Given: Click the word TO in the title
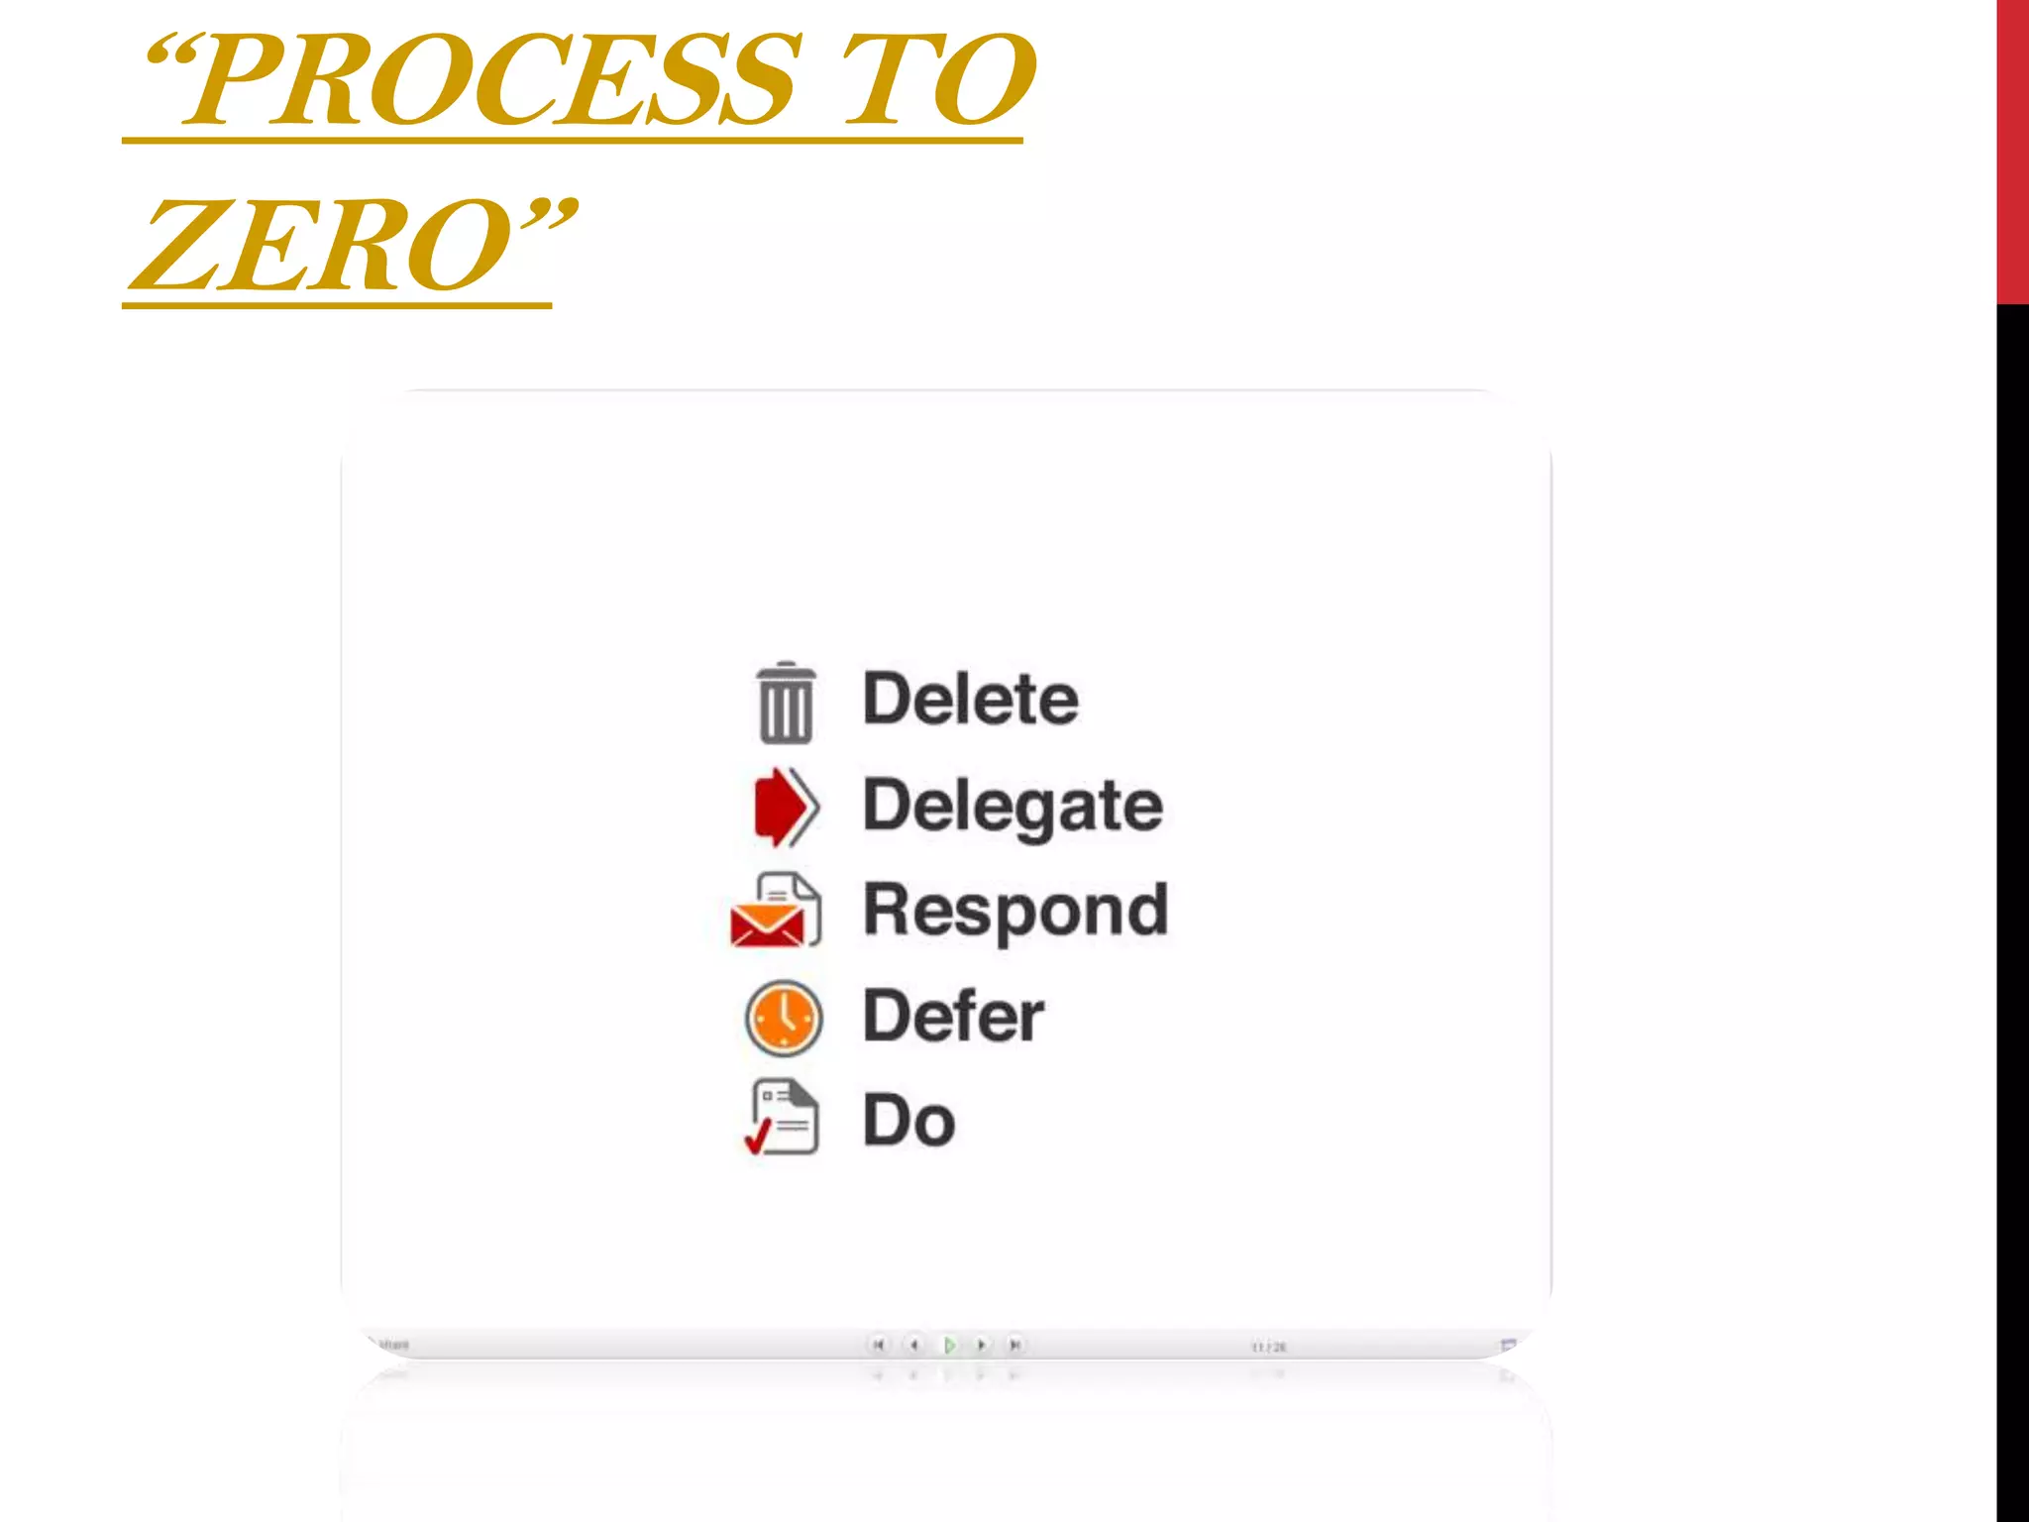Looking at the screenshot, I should pyautogui.click(x=936, y=81).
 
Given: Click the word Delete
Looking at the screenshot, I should pyautogui.click(x=971, y=700).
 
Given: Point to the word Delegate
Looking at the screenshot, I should pyautogui.click(x=1013, y=807).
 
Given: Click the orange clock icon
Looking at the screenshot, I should pyautogui.click(x=784, y=1018).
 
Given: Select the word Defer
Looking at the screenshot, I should pyautogui.click(x=953, y=1017).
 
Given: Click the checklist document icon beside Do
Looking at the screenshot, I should pyautogui.click(x=784, y=1118).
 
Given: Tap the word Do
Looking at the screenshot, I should pyautogui.click(x=908, y=1121).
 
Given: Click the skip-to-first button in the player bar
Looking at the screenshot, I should pyautogui.click(x=878, y=1345).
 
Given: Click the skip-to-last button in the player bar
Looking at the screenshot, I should pyautogui.click(x=1014, y=1345).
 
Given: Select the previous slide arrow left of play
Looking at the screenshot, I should pyautogui.click(x=913, y=1345).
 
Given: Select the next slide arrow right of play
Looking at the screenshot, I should pyautogui.click(x=981, y=1345).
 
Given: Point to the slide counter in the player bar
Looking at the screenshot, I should pyautogui.click(x=1268, y=1347).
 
